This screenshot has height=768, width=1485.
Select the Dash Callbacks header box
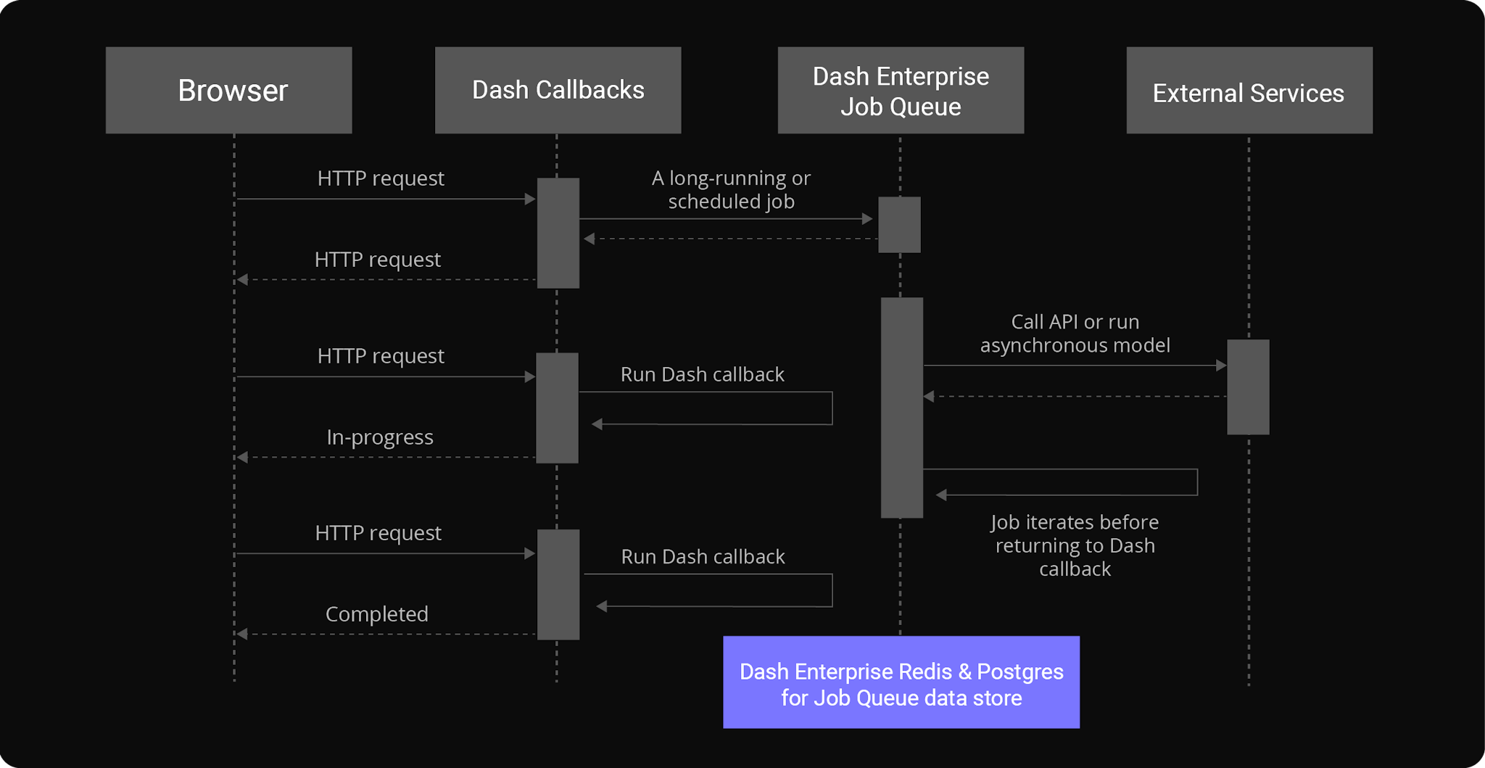pyautogui.click(x=558, y=90)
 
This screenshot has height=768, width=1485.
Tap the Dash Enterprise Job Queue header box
pyautogui.click(x=901, y=90)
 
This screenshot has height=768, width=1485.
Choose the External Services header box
pyautogui.click(x=1249, y=90)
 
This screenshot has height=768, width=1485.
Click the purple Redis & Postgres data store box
pyautogui.click(x=901, y=682)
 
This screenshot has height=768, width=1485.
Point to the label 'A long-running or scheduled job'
pyautogui.click(x=731, y=189)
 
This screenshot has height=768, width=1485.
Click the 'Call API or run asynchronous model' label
pyautogui.click(x=1075, y=333)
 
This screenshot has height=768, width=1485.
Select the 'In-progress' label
pyautogui.click(x=379, y=437)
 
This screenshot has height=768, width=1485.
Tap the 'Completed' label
pyautogui.click(x=376, y=614)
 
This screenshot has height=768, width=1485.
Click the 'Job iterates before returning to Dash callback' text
pyautogui.click(x=1075, y=545)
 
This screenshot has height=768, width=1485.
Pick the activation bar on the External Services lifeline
pyautogui.click(x=1248, y=387)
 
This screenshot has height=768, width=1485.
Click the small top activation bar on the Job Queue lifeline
pyautogui.click(x=899, y=225)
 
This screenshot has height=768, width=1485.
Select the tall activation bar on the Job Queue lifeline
pyautogui.click(x=901, y=407)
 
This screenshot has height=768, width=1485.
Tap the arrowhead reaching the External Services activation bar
pyautogui.click(x=1221, y=366)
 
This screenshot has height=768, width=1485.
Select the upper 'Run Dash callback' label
pyautogui.click(x=702, y=374)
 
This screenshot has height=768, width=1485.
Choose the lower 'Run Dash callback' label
pyautogui.click(x=703, y=556)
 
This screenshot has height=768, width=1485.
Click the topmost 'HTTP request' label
pyautogui.click(x=381, y=178)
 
